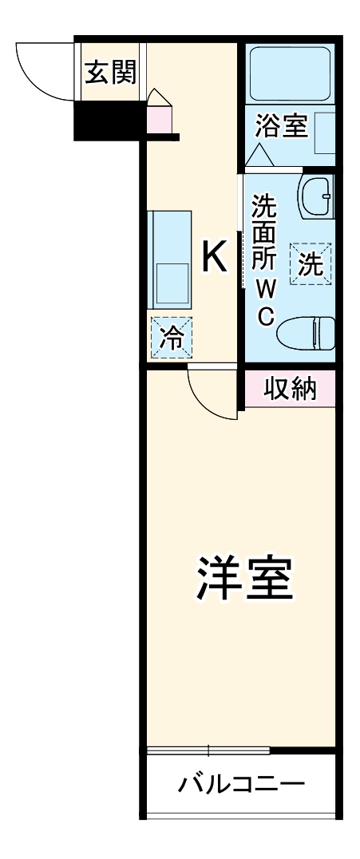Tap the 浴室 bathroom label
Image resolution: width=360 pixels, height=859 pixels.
pos(281,125)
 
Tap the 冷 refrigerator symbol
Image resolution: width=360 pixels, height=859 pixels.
pos(172,337)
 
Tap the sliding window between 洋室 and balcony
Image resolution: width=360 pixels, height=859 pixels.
pos(209,750)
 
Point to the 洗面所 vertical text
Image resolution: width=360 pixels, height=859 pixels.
pos(265,232)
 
